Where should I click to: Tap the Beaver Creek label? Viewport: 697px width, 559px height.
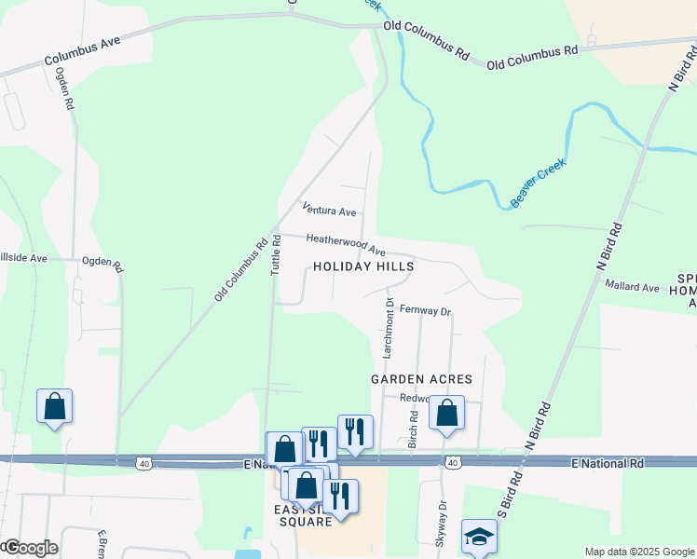(x=539, y=184)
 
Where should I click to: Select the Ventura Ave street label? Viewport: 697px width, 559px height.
(x=329, y=211)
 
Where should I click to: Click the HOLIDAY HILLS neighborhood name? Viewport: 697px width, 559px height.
(x=363, y=266)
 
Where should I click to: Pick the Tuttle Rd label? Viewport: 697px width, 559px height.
(x=275, y=253)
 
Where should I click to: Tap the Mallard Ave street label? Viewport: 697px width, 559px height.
(x=632, y=286)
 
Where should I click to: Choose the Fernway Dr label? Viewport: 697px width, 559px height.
(x=425, y=310)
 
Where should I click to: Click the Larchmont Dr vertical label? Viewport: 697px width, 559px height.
(x=389, y=329)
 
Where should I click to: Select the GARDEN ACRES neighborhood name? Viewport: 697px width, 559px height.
(x=421, y=379)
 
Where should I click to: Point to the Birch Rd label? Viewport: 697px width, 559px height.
(x=411, y=429)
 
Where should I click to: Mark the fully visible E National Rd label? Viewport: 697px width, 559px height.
(x=607, y=462)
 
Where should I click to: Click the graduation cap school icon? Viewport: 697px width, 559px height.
(x=479, y=536)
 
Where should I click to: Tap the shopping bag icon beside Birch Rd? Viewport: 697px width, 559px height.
(x=446, y=412)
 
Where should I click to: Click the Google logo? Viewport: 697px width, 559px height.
(x=30, y=548)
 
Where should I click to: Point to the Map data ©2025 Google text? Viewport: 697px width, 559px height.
(x=639, y=552)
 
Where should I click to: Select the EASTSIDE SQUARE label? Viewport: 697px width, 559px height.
(x=304, y=514)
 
